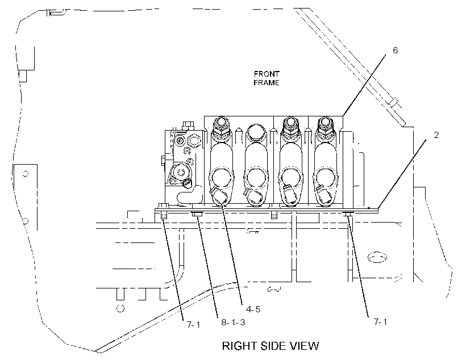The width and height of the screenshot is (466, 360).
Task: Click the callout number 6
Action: pos(395,51)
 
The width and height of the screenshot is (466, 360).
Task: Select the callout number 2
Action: pos(436,135)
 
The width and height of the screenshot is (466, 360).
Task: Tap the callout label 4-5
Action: pos(253,309)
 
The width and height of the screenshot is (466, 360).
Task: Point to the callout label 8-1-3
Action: pos(233,323)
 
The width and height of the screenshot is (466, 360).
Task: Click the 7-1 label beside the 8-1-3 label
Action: pos(193,324)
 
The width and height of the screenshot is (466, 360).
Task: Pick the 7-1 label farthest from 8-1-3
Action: pos(380,322)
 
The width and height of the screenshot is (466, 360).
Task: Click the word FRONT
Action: pos(267,74)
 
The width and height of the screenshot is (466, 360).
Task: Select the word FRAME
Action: pos(267,82)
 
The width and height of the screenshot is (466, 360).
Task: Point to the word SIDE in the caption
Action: pos(273,346)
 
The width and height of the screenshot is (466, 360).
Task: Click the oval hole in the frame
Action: pos(377,257)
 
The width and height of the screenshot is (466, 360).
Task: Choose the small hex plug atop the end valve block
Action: pos(188,124)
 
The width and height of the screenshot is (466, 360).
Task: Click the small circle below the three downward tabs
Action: pos(120,308)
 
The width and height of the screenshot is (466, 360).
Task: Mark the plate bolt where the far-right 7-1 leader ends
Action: pos(349,214)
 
